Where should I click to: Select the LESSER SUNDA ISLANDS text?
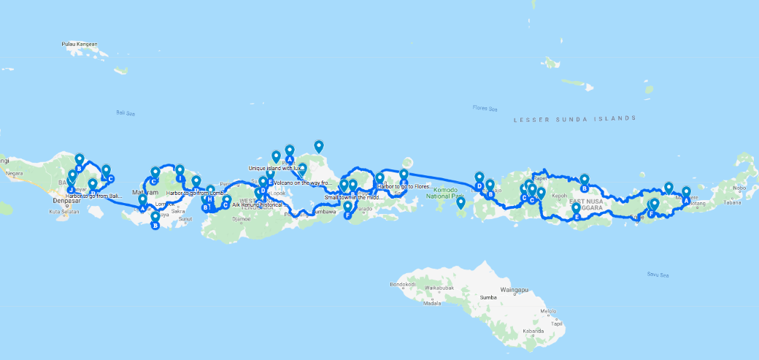click(x=574, y=118)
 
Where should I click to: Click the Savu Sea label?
click(x=658, y=275)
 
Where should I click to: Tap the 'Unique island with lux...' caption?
click(x=275, y=168)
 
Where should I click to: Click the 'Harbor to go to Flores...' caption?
click(x=405, y=186)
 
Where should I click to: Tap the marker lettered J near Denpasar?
click(x=71, y=190)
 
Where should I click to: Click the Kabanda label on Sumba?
click(x=534, y=330)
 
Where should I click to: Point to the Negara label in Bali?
click(x=14, y=174)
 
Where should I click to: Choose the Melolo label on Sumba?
click(x=548, y=312)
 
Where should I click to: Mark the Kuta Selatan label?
click(x=64, y=212)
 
